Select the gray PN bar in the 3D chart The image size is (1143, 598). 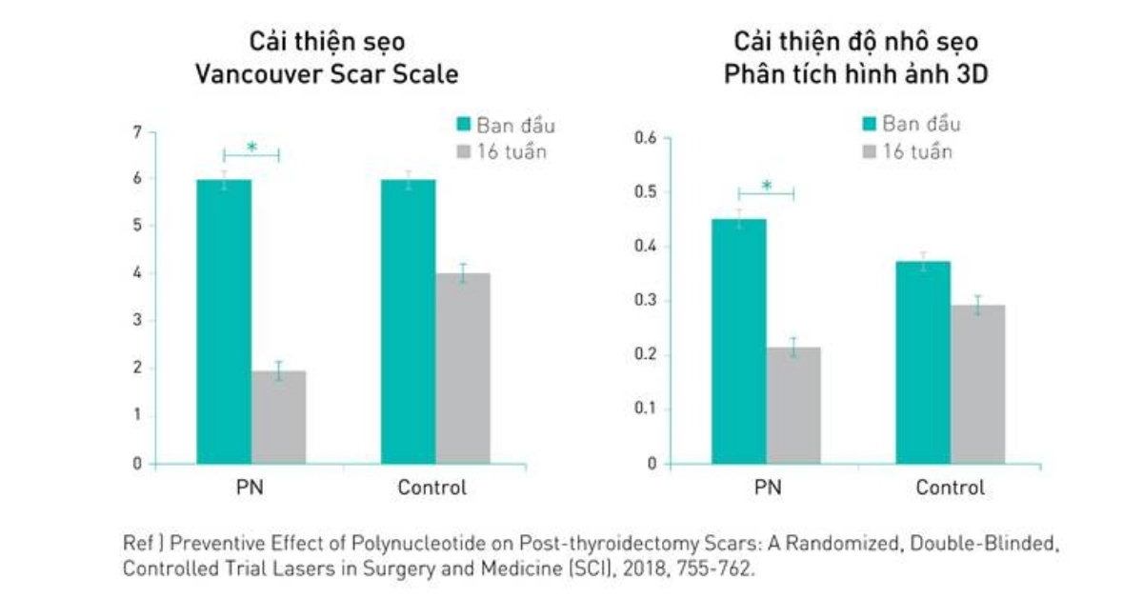coord(793,405)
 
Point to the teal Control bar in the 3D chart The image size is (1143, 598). coord(923,362)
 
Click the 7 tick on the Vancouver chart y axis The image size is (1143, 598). coord(137,131)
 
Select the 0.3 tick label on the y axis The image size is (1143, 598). coord(646,301)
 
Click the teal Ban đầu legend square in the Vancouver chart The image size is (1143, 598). coord(464,125)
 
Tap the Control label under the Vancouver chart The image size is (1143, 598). coord(432,488)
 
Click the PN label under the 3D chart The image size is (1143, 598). coord(767,488)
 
